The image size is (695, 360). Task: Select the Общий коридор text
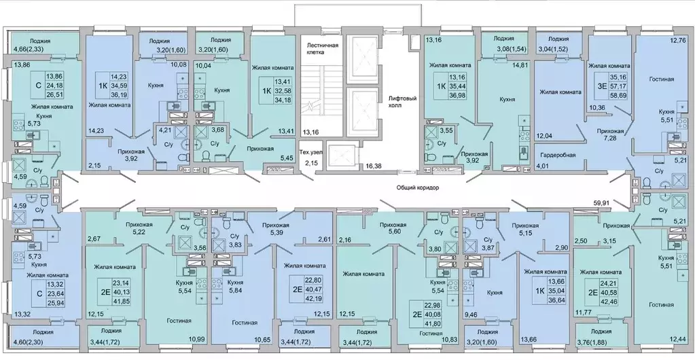pos(418,188)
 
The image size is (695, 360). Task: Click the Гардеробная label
pos(558,155)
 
